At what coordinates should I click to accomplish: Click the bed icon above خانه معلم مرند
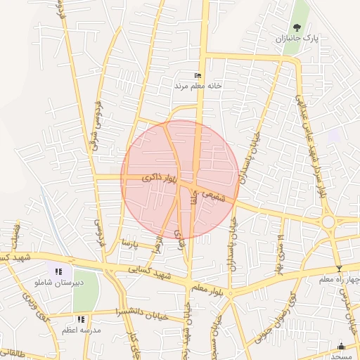point(198,75)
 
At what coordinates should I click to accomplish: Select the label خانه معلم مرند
point(198,85)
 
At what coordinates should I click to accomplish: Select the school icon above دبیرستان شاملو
point(58,271)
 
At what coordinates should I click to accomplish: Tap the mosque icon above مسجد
point(342,346)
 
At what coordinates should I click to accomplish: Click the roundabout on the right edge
point(329,223)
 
